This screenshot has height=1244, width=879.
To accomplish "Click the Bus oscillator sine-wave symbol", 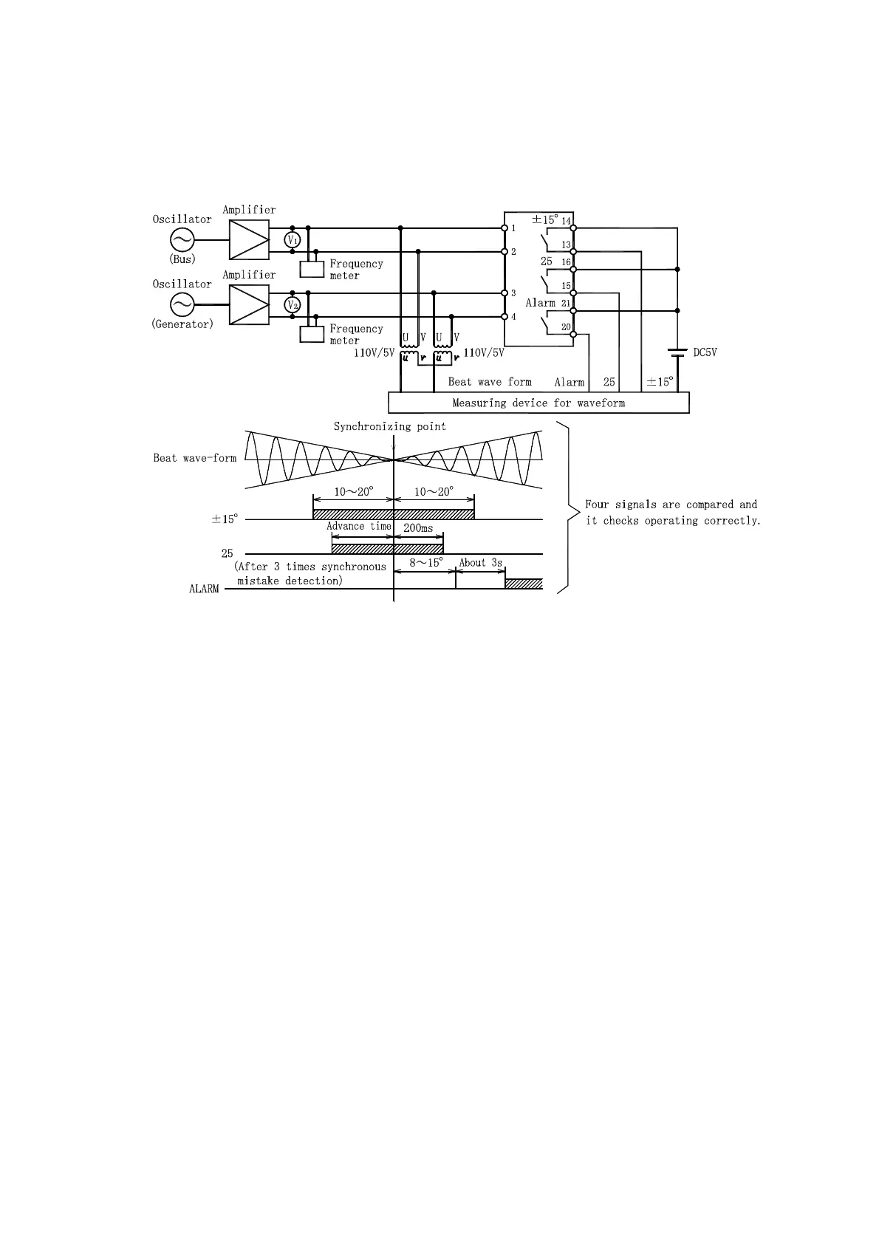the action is coord(182,239).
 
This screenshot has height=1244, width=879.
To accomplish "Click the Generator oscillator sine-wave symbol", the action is coord(182,304).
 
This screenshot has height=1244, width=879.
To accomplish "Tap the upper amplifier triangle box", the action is coord(249,239).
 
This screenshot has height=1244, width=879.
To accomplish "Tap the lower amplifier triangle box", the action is coord(249,304).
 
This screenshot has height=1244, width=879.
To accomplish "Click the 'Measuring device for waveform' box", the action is coord(538,403).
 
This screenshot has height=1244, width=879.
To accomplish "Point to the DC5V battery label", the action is coord(705,352).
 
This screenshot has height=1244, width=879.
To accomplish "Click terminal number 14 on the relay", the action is coord(567,222).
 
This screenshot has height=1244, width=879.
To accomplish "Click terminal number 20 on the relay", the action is coord(567,327).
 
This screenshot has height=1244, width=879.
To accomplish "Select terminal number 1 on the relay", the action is coord(513,228).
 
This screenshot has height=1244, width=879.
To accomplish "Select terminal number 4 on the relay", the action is coord(513,317).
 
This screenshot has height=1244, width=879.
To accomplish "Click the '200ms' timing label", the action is coord(418,529).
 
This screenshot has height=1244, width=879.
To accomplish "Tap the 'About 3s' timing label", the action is coord(480,563).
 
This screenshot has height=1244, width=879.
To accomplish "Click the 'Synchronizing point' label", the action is coord(389,426).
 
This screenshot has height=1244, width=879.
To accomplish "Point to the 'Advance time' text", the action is coord(359,526).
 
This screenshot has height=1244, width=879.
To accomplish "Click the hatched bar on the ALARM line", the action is coord(524,584).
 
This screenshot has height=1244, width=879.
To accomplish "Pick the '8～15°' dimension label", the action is coord(425,563).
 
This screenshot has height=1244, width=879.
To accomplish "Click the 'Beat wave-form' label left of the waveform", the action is coord(194,458).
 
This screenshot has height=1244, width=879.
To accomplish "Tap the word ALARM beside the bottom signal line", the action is coord(204,589).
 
